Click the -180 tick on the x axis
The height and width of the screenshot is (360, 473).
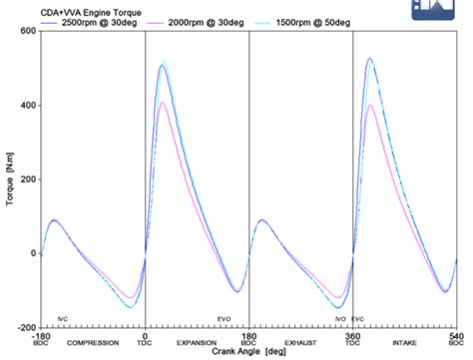click(40, 335)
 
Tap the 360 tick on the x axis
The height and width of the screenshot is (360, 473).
click(352, 335)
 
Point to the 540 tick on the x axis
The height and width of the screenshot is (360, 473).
click(455, 335)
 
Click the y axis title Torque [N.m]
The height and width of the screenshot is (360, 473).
click(9, 180)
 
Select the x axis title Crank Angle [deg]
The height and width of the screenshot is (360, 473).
click(248, 353)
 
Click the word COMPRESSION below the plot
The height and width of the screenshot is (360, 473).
click(93, 343)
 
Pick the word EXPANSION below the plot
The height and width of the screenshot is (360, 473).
click(197, 343)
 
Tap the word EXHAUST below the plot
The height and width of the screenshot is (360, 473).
click(300, 343)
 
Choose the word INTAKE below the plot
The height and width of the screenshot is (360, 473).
click(404, 343)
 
